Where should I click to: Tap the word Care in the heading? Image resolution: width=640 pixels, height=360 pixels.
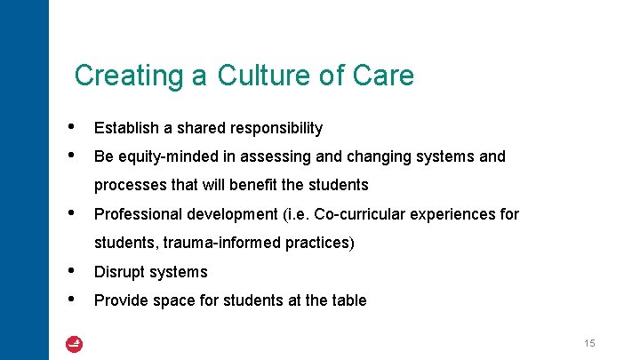(x=383, y=76)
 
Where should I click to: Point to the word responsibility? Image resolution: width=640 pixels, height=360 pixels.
(x=274, y=128)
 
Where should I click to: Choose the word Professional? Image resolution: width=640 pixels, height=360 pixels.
(x=138, y=214)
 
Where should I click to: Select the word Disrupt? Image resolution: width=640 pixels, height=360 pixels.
(x=118, y=272)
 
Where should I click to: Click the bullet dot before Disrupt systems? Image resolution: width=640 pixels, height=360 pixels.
(x=71, y=271)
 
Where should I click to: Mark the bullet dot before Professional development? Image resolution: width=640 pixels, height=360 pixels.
(x=71, y=213)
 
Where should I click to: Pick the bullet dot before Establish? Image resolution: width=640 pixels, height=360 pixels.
(x=71, y=127)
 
